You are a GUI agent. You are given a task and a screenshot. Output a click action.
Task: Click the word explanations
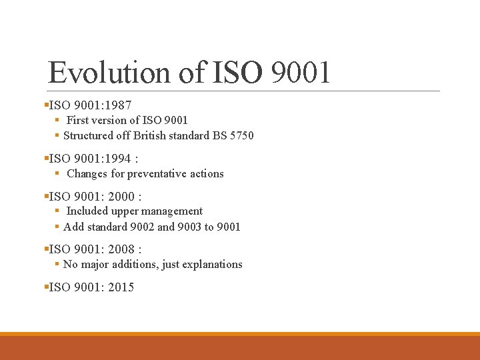[213, 264]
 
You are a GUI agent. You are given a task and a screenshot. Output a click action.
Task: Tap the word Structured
[89, 135]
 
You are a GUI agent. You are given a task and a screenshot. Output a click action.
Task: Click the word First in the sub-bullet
[77, 120]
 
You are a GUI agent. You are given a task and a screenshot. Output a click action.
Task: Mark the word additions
[141, 264]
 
